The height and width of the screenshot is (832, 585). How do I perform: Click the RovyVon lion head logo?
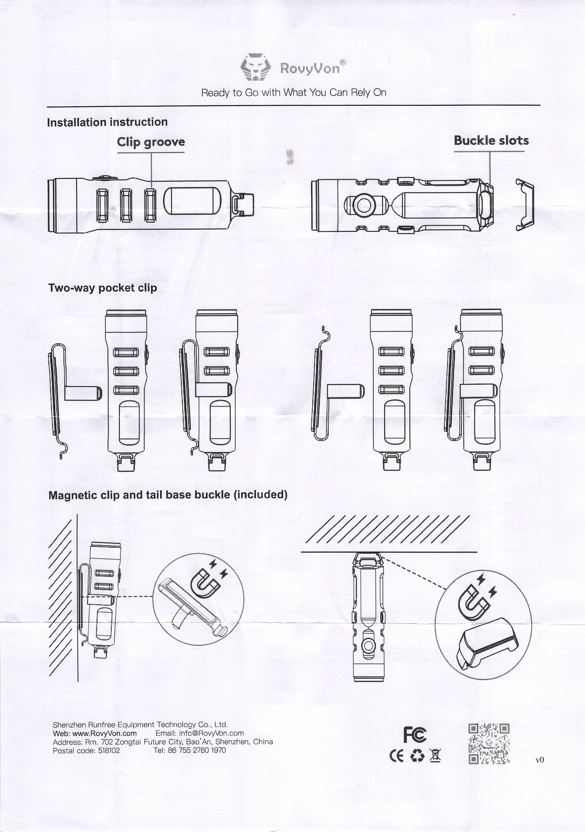256,67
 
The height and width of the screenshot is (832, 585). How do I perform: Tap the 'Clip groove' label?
151,142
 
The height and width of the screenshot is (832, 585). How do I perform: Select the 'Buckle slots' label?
491,141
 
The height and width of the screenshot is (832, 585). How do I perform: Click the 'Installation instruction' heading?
107,122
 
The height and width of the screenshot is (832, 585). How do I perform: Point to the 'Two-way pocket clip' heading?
103,288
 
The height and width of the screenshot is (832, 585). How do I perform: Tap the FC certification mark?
415,734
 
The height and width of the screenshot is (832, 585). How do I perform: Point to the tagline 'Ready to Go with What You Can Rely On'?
293,92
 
